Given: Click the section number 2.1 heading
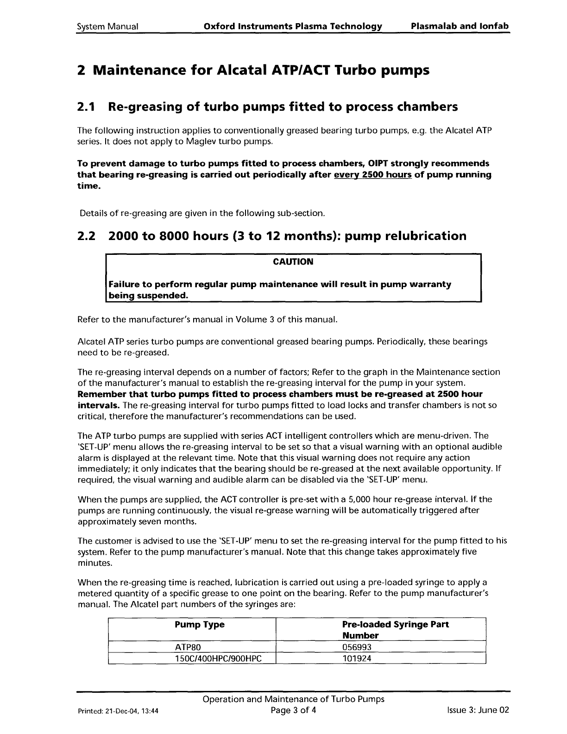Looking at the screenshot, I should pyautogui.click(x=86, y=107).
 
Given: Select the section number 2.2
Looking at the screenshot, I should pyautogui.click(x=87, y=236).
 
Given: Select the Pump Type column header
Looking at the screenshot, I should pyautogui.click(x=199, y=625).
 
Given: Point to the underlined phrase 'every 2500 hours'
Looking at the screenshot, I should pyautogui.click(x=372, y=175).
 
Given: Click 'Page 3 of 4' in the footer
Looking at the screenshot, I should pyautogui.click(x=293, y=709).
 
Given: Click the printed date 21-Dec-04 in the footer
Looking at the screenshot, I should pyautogui.click(x=122, y=710).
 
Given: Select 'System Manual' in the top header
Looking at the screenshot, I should pyautogui.click(x=107, y=26).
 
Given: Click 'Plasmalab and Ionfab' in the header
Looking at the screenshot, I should pyautogui.click(x=460, y=26).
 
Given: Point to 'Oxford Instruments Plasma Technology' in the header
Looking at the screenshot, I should pyautogui.click(x=293, y=26).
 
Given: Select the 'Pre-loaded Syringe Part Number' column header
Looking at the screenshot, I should pyautogui.click(x=395, y=630).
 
